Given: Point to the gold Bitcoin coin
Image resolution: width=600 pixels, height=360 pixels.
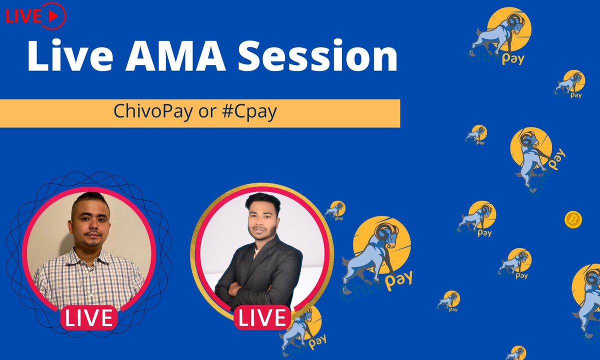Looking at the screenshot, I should coord(573,219).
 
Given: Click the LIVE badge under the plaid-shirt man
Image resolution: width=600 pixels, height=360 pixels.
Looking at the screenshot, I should coord(89,318).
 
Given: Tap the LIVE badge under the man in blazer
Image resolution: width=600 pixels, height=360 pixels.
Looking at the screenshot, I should coord(262,317).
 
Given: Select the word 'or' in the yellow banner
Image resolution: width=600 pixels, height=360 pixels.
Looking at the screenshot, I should coord(206,112).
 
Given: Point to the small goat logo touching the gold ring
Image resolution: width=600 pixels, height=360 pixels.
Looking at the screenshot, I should coord(335,210).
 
